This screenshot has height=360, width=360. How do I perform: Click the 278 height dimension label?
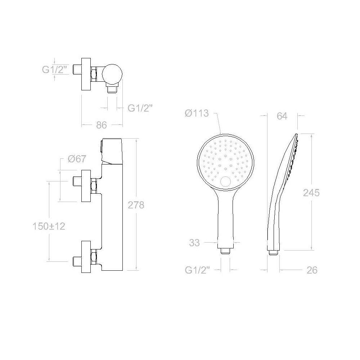[136, 205]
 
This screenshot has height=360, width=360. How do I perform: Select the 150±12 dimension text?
[49, 226]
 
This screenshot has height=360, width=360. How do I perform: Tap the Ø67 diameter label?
[77, 159]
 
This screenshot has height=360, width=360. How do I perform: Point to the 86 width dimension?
[102, 125]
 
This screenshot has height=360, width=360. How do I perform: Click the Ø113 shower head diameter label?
[197, 113]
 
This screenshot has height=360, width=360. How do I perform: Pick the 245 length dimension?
[311, 193]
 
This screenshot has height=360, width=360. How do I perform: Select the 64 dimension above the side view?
[282, 116]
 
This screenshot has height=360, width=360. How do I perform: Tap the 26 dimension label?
[312, 270]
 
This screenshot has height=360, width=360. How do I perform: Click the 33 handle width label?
[194, 243]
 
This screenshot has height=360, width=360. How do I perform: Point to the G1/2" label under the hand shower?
[197, 270]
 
